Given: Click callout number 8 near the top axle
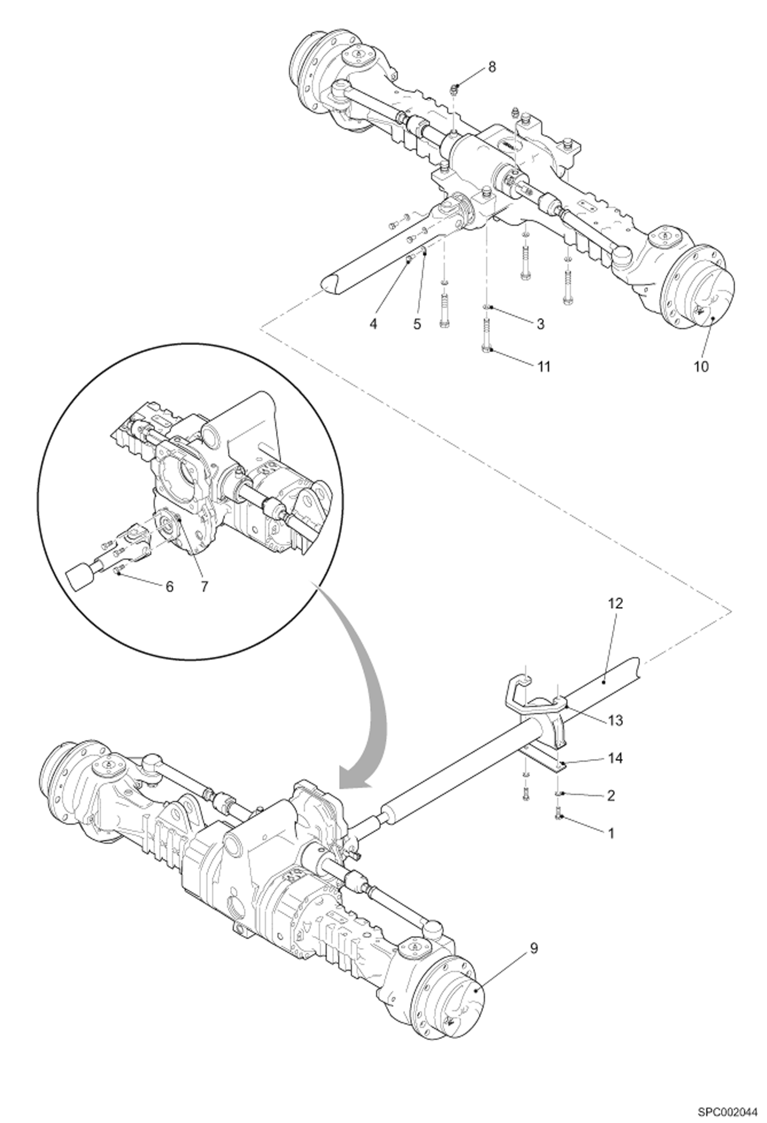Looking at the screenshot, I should tap(492, 67).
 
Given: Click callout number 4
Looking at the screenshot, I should tap(417, 324).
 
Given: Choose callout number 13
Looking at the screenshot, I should tap(615, 721).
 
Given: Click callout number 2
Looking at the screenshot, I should tap(610, 795).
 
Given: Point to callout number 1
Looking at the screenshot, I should tap(610, 833).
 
